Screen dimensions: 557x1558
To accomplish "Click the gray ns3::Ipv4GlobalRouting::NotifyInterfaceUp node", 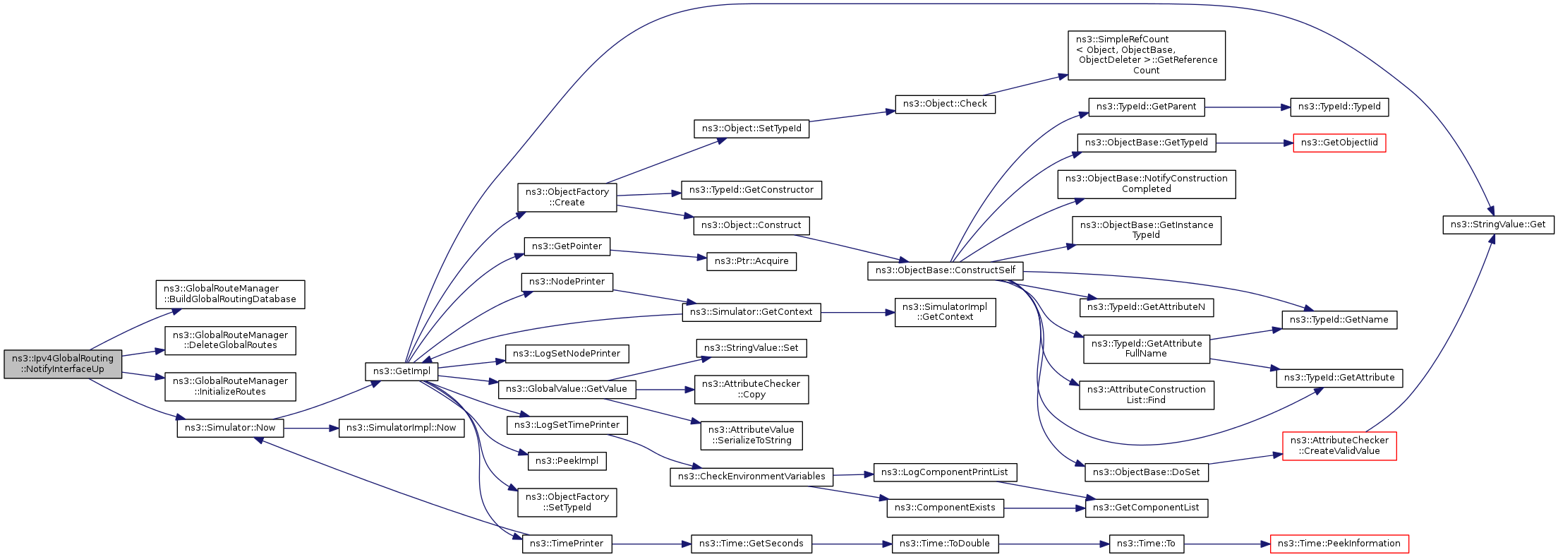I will coord(63,364).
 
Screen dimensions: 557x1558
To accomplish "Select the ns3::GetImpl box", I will coord(401,371).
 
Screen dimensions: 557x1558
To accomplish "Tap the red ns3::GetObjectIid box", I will coord(1339,143).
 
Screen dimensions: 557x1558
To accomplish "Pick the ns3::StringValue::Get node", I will coord(1498,224).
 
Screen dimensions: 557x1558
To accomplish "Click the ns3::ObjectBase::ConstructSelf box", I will coord(945,270).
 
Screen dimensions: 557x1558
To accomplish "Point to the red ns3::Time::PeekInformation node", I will coord(1339,544).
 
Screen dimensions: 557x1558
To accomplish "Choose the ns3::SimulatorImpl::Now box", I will coord(401,428).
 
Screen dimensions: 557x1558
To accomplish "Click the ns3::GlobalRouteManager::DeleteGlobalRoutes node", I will coord(230,340).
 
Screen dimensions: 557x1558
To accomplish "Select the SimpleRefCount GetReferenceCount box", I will coord(1147,55).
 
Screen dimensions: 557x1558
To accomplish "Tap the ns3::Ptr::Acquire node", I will coord(751,261).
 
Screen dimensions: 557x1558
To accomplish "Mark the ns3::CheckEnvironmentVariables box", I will coord(751,477).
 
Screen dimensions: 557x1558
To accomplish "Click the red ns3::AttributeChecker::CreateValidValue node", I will coord(1339,445).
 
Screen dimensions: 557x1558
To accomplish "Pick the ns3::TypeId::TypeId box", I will coord(1339,107).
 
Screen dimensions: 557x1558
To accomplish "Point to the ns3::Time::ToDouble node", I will coord(945,544).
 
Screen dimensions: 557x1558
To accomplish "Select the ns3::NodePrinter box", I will coord(567,282).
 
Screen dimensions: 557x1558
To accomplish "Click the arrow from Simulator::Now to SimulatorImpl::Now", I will coord(311,429).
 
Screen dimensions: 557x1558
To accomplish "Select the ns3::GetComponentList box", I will coord(1146,508).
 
